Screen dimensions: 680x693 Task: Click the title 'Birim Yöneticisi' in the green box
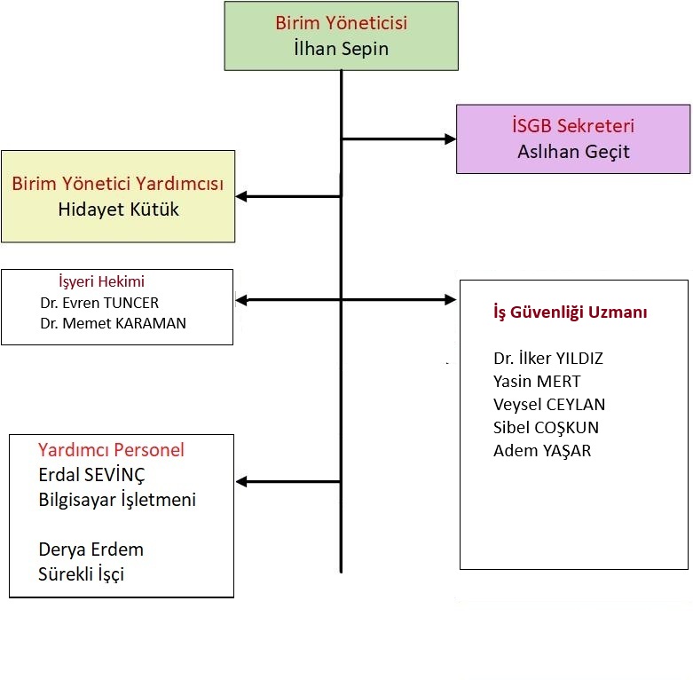pyautogui.click(x=341, y=24)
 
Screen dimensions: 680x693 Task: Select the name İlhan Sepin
pyautogui.click(x=341, y=49)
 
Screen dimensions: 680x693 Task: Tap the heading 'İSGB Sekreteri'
pyautogui.click(x=572, y=126)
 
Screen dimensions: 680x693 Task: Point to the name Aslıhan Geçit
pyautogui.click(x=573, y=151)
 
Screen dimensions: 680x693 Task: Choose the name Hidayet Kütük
pyautogui.click(x=118, y=210)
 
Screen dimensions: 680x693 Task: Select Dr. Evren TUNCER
pyautogui.click(x=99, y=303)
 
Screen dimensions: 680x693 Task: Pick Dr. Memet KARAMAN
pyautogui.click(x=113, y=323)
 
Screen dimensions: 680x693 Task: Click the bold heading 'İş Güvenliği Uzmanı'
pyautogui.click(x=570, y=312)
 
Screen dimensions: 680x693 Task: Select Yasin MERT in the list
pyautogui.click(x=537, y=382)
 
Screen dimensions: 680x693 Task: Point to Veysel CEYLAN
pyautogui.click(x=549, y=405)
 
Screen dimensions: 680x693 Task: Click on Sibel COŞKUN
pyautogui.click(x=546, y=427)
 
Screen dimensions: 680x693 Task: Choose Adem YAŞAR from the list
pyautogui.click(x=541, y=450)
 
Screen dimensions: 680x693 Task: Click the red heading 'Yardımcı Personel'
pyautogui.click(x=111, y=450)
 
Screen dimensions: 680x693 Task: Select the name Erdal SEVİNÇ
pyautogui.click(x=91, y=474)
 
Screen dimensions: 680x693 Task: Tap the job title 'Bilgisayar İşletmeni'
pyautogui.click(x=117, y=499)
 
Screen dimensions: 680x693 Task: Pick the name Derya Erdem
pyautogui.click(x=91, y=549)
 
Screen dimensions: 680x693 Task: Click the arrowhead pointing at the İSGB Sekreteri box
pyautogui.click(x=451, y=138)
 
